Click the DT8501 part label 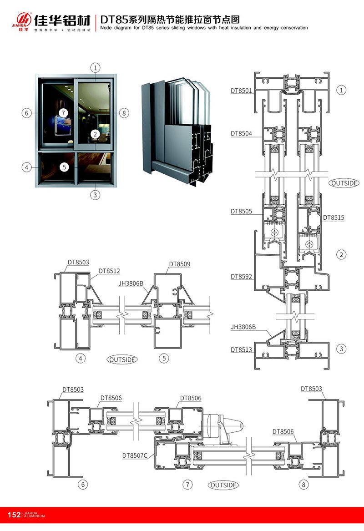click(x=241, y=91)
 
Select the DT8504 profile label click(x=241, y=133)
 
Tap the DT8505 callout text click(x=241, y=211)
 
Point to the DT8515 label click(x=334, y=217)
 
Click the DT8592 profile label click(x=241, y=276)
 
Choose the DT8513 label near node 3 click(x=241, y=349)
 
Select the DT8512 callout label click(x=109, y=271)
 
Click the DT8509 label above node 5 click(x=180, y=263)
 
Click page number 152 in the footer click(x=14, y=515)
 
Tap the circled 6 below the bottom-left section click(x=82, y=485)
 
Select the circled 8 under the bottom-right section click(x=304, y=485)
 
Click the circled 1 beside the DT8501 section click(x=341, y=90)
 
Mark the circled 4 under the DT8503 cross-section click(x=80, y=359)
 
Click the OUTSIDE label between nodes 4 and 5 click(x=122, y=359)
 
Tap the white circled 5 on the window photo click(x=65, y=167)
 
